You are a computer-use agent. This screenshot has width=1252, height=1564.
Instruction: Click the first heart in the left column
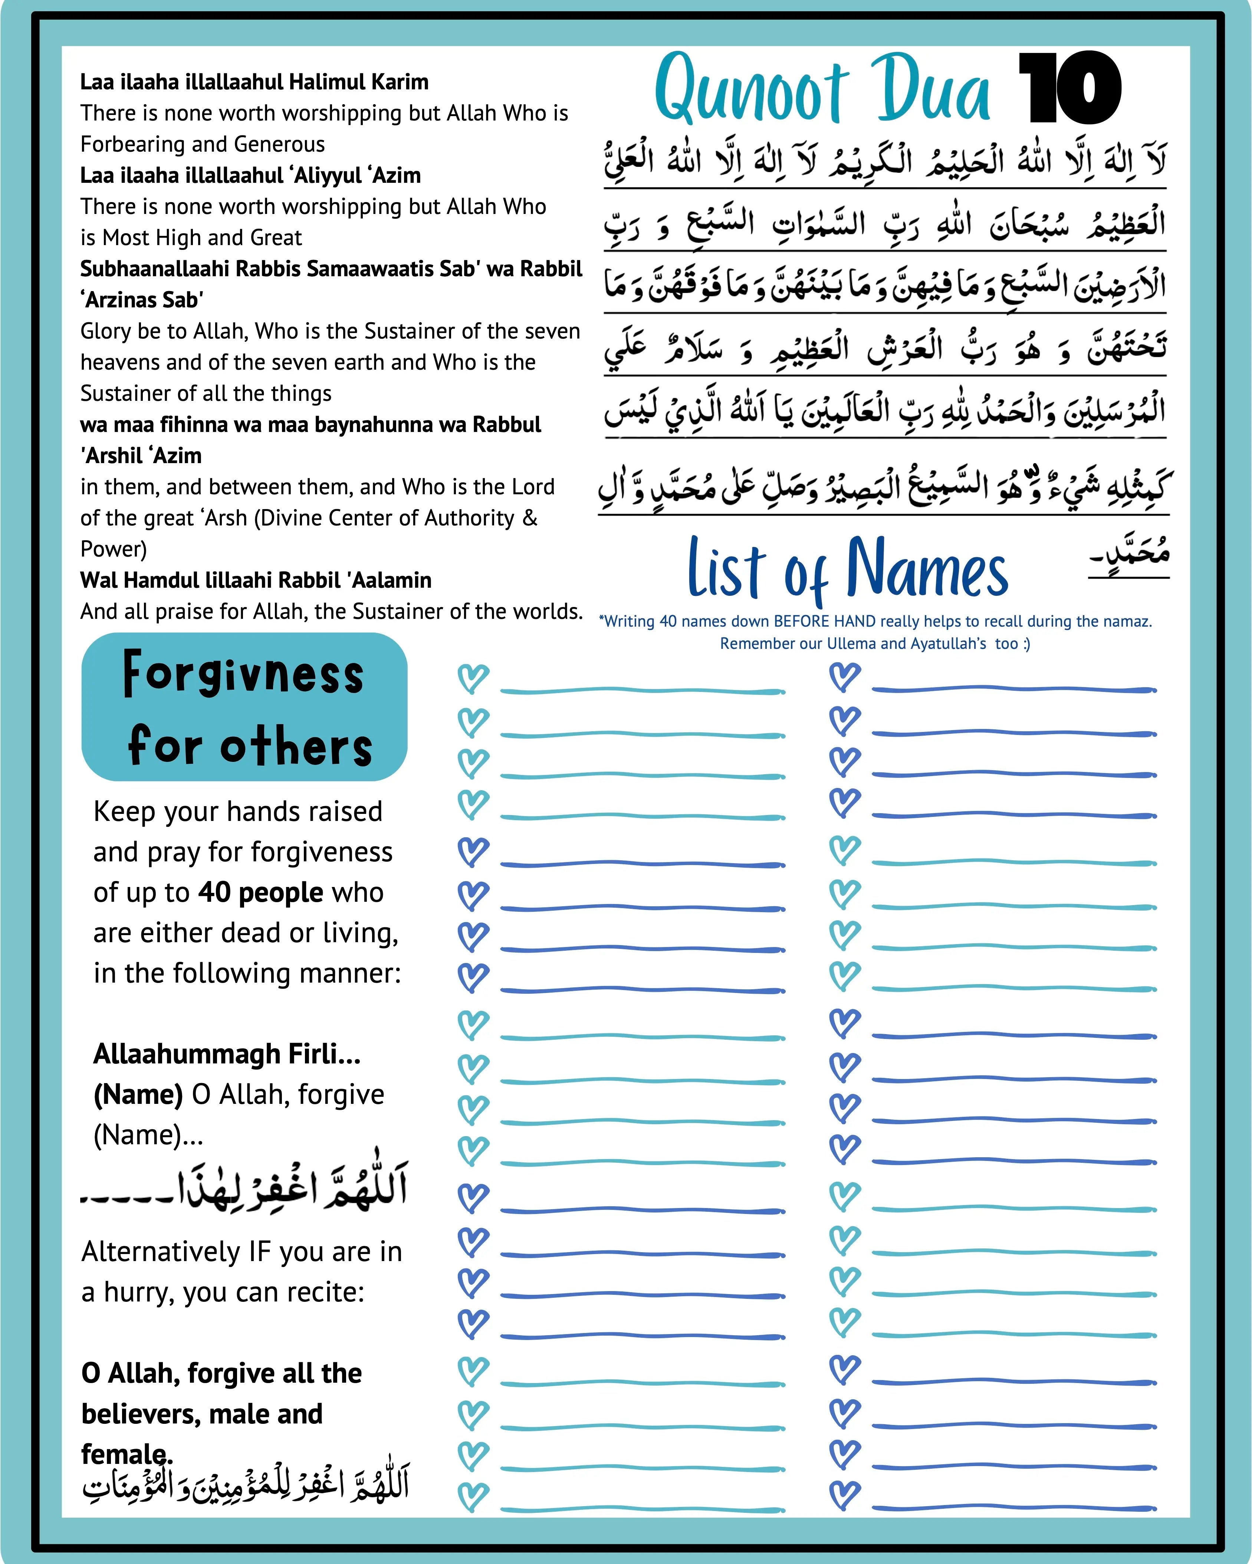tap(473, 678)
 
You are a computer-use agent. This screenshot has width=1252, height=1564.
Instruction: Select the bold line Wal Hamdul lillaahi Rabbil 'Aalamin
tap(256, 580)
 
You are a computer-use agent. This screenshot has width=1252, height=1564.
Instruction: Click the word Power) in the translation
tap(113, 549)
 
